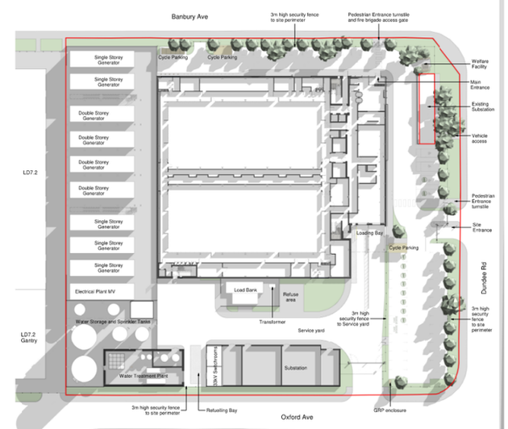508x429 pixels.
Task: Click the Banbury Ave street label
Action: click(190, 16)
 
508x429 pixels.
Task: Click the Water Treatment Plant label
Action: click(144, 376)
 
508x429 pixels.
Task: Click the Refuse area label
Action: click(291, 298)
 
